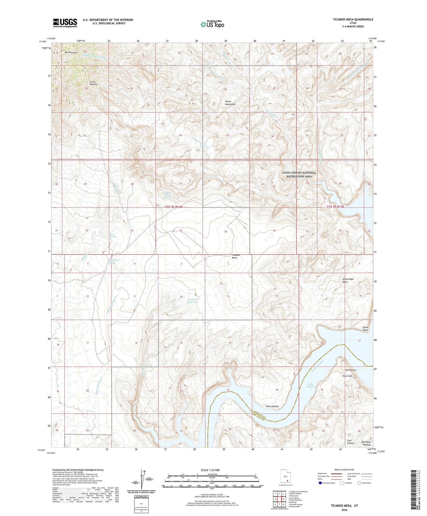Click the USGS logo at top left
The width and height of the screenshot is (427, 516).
[x=65, y=22]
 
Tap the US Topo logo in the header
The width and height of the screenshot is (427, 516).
[x=212, y=24]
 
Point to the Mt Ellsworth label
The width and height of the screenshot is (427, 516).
[x=68, y=53]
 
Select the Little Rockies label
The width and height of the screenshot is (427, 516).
[x=94, y=83]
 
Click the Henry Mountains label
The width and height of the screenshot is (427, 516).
[x=230, y=103]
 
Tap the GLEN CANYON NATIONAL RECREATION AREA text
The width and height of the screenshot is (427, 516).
[x=299, y=174]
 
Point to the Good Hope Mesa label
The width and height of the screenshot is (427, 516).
[x=348, y=280]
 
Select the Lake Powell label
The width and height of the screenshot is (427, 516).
[x=310, y=385]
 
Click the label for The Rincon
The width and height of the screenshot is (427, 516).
[x=350, y=370]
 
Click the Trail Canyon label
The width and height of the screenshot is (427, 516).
[x=350, y=442]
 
